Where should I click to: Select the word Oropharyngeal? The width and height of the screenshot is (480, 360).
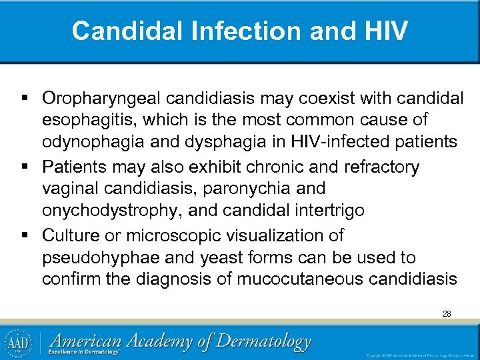(102, 98)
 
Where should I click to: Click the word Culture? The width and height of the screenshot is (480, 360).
(70, 235)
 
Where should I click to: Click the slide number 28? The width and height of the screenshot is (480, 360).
(446, 313)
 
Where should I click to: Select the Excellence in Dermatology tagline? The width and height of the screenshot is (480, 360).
(86, 352)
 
